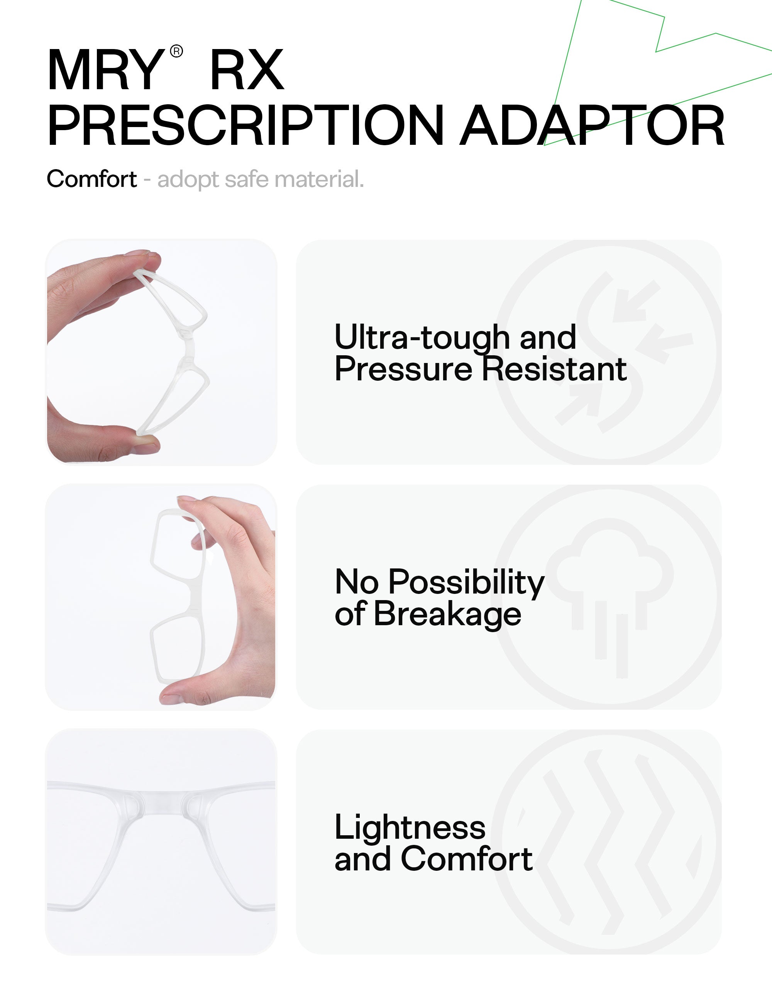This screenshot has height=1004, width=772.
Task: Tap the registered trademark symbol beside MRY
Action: (176, 51)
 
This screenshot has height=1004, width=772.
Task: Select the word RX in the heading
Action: (247, 70)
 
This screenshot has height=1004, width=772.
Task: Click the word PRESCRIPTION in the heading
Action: (246, 125)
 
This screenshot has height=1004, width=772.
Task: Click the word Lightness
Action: (410, 828)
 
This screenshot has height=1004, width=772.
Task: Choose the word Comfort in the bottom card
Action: (466, 858)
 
